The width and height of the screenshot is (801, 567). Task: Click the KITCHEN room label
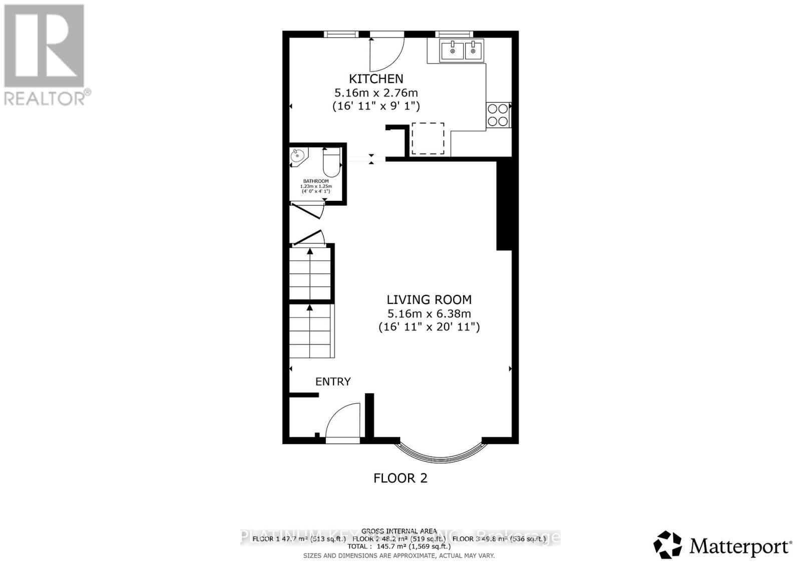[376, 79]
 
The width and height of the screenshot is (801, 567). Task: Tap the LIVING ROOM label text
[429, 300]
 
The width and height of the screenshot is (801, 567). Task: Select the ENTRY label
[333, 382]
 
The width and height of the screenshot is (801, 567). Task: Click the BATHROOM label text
[316, 181]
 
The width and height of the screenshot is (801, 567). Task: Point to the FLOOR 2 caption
[400, 478]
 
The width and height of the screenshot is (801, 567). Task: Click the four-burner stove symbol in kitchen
[498, 115]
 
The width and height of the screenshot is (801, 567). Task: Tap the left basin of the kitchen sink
[452, 51]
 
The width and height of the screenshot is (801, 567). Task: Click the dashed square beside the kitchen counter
[428, 138]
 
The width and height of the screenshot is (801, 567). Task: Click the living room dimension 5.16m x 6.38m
[429, 314]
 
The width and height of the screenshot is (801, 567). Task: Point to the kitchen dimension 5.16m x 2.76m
[376, 93]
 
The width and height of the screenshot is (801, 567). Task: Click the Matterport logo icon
[667, 545]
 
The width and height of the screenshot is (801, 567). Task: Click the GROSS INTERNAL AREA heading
[399, 531]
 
